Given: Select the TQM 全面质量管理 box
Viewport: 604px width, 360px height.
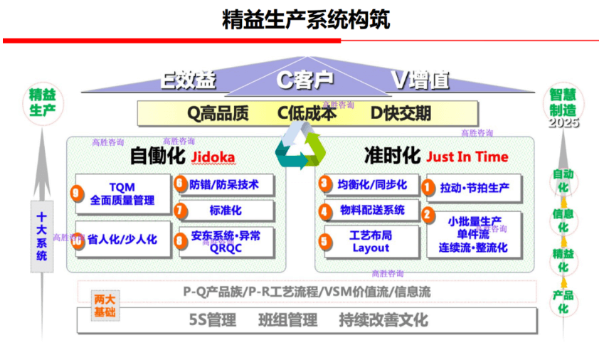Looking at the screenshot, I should pyautogui.click(x=122, y=194).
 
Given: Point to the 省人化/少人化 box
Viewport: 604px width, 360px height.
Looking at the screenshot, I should pyautogui.click(x=122, y=240).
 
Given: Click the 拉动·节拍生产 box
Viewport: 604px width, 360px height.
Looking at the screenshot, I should pyautogui.click(x=475, y=188).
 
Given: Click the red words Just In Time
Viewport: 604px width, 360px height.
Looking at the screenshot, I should pyautogui.click(x=467, y=157).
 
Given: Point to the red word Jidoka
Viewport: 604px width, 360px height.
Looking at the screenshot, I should pyautogui.click(x=213, y=157).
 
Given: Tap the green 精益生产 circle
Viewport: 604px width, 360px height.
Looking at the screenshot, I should pyautogui.click(x=42, y=102).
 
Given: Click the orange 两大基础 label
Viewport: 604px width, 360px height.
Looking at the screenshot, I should pyautogui.click(x=105, y=306).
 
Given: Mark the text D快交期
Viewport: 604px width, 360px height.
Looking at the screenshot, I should pyautogui.click(x=401, y=114).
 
